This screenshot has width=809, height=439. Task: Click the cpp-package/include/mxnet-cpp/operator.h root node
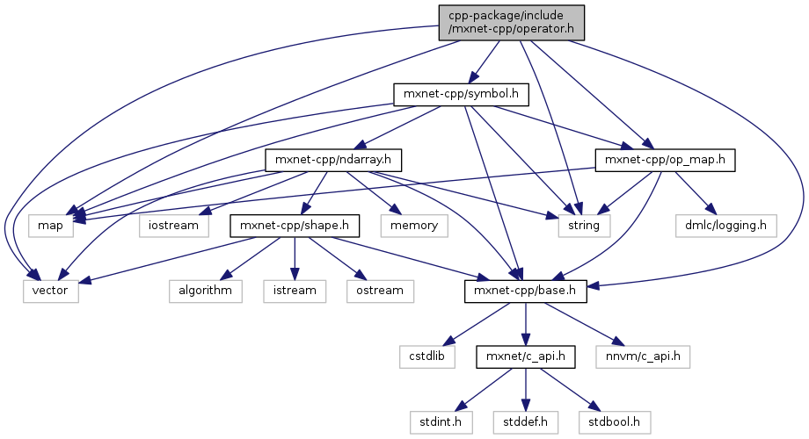[511, 21]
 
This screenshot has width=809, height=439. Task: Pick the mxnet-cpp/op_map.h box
[665, 160]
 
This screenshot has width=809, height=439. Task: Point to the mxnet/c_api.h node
[526, 357]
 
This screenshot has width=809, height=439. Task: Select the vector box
[51, 291]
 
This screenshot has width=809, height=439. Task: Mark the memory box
[414, 226]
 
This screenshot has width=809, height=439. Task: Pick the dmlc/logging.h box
[725, 226]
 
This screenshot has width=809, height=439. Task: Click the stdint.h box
[441, 423]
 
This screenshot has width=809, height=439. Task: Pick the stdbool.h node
[613, 423]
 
